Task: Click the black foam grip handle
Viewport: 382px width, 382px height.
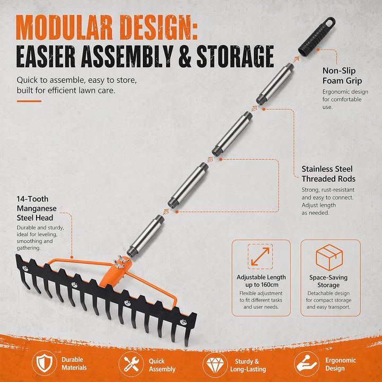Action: click(316, 37)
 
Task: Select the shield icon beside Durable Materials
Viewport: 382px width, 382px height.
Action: click(45, 363)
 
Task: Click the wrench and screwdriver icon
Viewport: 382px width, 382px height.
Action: click(131, 364)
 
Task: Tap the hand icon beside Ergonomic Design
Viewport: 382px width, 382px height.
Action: click(307, 364)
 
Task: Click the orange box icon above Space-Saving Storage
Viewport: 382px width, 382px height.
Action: click(329, 257)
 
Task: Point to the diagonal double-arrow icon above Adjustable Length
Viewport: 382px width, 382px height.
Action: click(260, 257)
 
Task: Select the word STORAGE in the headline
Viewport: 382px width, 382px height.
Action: click(235, 56)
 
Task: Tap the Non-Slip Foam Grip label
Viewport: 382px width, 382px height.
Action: click(342, 76)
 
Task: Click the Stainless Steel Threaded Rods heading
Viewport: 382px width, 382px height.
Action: click(328, 173)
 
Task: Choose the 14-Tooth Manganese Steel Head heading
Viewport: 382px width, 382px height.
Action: click(37, 209)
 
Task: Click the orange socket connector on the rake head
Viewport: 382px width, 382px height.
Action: click(116, 272)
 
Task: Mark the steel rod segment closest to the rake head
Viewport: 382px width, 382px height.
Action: click(145, 236)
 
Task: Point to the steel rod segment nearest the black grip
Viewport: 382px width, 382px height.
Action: click(275, 84)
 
